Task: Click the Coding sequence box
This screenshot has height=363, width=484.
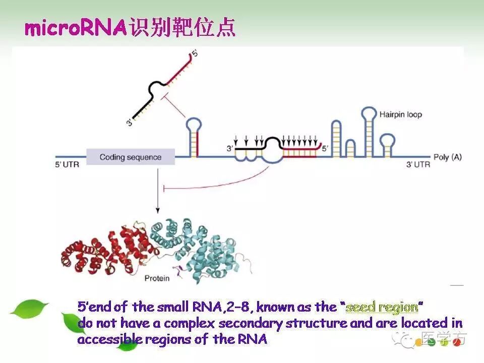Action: coord(131,157)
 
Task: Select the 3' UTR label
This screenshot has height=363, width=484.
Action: coord(418,164)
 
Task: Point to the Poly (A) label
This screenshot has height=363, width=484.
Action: coord(447,157)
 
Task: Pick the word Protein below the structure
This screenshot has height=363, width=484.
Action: coord(157,278)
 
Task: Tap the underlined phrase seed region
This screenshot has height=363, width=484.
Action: coord(382,307)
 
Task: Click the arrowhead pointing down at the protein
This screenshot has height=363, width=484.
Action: coord(158,210)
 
